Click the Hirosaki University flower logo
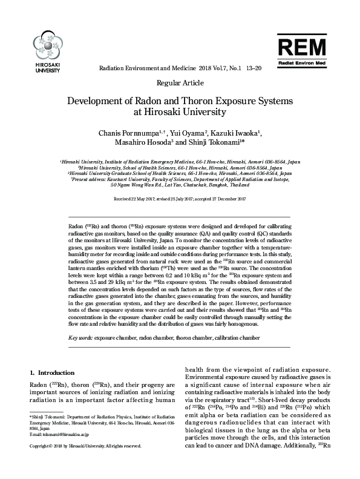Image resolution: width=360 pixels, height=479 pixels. pyautogui.click(x=45, y=45)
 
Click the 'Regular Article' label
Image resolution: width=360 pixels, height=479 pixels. pyautogui.click(x=180, y=82)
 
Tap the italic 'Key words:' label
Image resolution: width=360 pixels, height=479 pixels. pyautogui.click(x=80, y=337)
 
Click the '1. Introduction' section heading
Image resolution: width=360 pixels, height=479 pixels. pyautogui.click(x=52, y=372)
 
